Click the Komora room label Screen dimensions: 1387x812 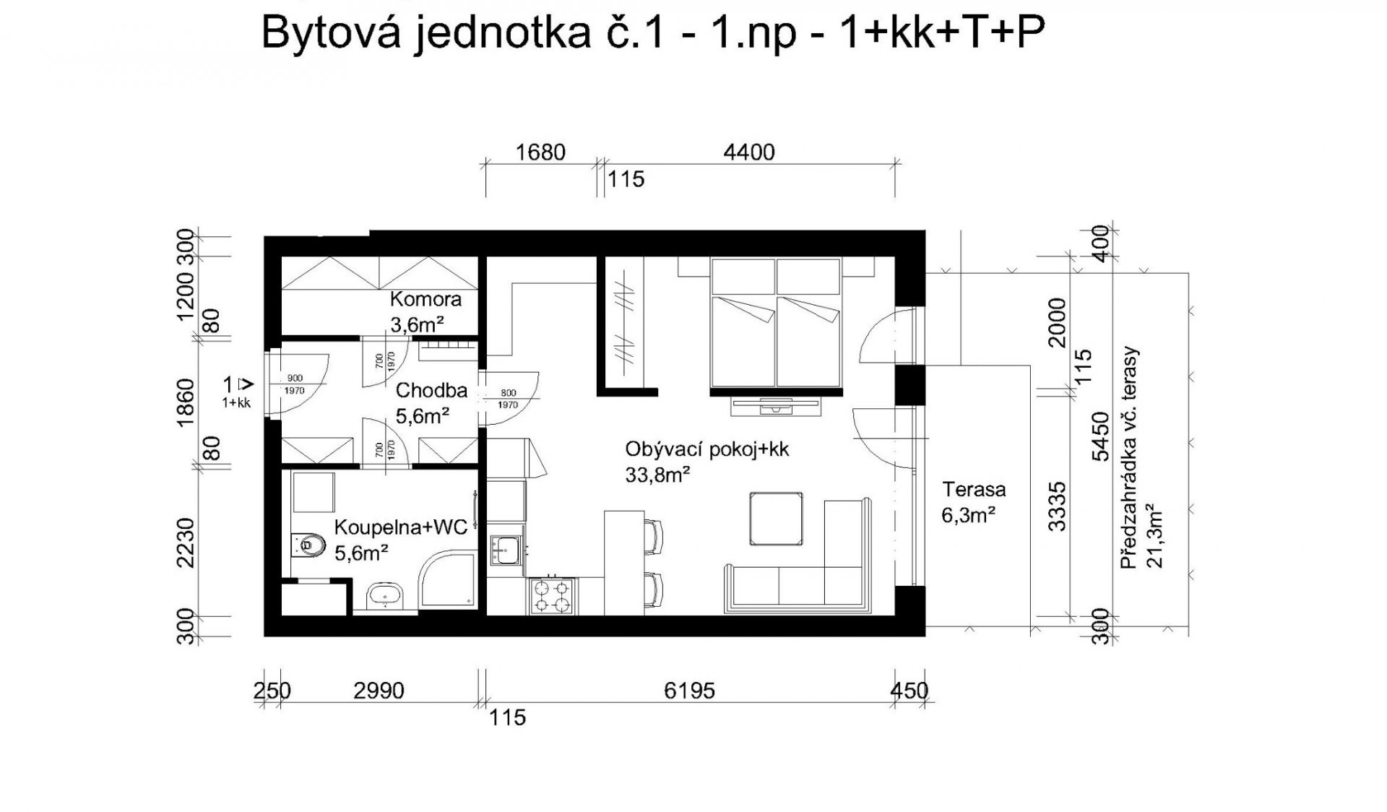coord(425,299)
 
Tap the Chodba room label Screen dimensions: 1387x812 coord(431,391)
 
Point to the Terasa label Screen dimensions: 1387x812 coord(974,490)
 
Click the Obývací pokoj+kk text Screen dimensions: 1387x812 coord(707,449)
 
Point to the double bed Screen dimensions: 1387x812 coord(777,322)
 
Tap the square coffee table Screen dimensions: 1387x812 coord(776,519)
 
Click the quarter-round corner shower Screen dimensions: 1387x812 coord(447,581)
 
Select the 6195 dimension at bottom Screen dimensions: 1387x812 coord(689,691)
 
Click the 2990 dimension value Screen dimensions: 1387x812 coord(379,691)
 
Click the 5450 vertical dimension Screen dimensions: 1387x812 coord(1100,436)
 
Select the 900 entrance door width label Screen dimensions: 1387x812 coord(295,378)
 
